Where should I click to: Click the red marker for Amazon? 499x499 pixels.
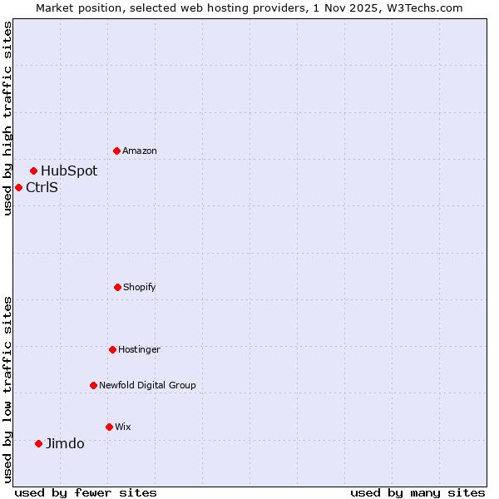click(x=116, y=151)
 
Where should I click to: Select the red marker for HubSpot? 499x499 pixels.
click(x=33, y=170)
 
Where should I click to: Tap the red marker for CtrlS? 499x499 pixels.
click(x=18, y=187)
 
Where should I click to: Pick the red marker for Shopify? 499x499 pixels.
click(x=117, y=287)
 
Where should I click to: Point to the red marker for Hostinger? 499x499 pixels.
click(x=112, y=349)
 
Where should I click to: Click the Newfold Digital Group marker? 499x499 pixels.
click(x=93, y=385)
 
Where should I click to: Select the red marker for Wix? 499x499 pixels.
click(x=109, y=427)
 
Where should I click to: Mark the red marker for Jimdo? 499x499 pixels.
click(x=38, y=443)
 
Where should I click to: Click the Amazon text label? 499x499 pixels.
click(x=140, y=151)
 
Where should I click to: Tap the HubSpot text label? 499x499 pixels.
click(x=69, y=170)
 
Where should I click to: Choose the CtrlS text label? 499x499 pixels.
click(x=42, y=187)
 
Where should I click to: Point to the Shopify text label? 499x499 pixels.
click(x=140, y=287)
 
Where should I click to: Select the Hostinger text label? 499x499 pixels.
click(x=139, y=349)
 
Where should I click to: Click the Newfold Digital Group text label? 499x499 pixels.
click(x=147, y=385)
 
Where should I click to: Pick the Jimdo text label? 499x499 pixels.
click(x=65, y=443)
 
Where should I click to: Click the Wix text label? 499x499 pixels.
click(x=123, y=427)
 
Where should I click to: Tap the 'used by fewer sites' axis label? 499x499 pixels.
click(x=86, y=492)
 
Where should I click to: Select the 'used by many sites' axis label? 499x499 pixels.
click(x=417, y=492)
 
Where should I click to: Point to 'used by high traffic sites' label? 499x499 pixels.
click(x=7, y=118)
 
